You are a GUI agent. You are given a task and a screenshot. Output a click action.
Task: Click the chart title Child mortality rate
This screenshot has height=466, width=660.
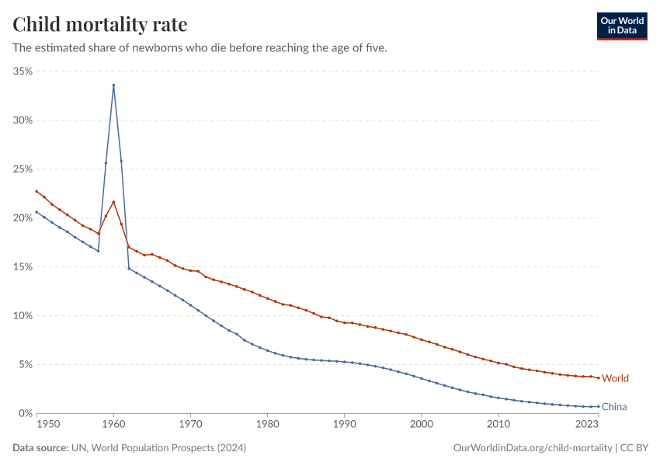coord(100,25)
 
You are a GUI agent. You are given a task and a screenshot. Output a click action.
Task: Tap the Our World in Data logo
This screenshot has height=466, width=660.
coord(621,26)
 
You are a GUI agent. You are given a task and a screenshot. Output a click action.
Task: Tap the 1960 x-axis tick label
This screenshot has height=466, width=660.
coord(113,426)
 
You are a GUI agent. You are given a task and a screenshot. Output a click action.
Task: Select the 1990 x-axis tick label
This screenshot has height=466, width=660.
coord(344,426)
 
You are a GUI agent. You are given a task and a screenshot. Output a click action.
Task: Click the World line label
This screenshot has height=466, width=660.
coord(615,378)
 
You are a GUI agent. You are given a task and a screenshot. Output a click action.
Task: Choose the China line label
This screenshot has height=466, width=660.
coord(614,407)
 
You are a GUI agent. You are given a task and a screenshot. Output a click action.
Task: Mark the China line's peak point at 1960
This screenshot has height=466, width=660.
coord(113,85)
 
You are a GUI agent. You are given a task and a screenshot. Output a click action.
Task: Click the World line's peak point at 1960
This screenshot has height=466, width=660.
coord(113,202)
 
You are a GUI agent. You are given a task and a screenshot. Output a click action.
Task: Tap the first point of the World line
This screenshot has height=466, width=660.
coord(36,191)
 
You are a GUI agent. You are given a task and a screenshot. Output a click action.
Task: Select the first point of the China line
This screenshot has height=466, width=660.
coord(36,212)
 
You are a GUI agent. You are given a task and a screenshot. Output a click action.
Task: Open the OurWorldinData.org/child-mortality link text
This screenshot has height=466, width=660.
coord(533,448)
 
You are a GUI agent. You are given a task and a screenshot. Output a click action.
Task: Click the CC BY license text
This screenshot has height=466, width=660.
coord(634,448)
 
